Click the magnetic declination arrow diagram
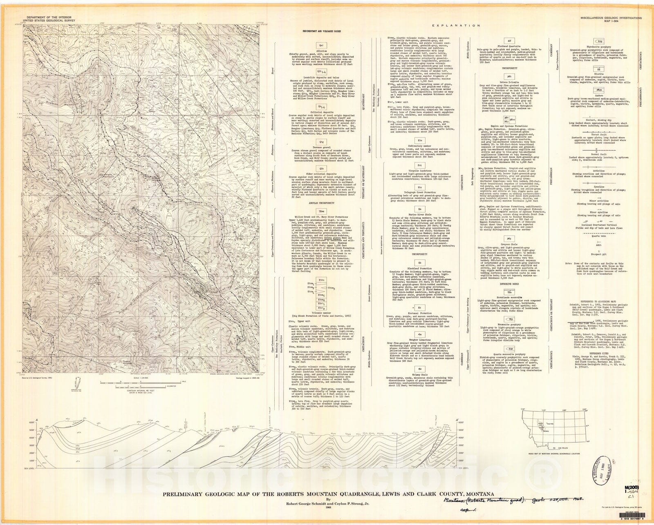pos(76,383)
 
